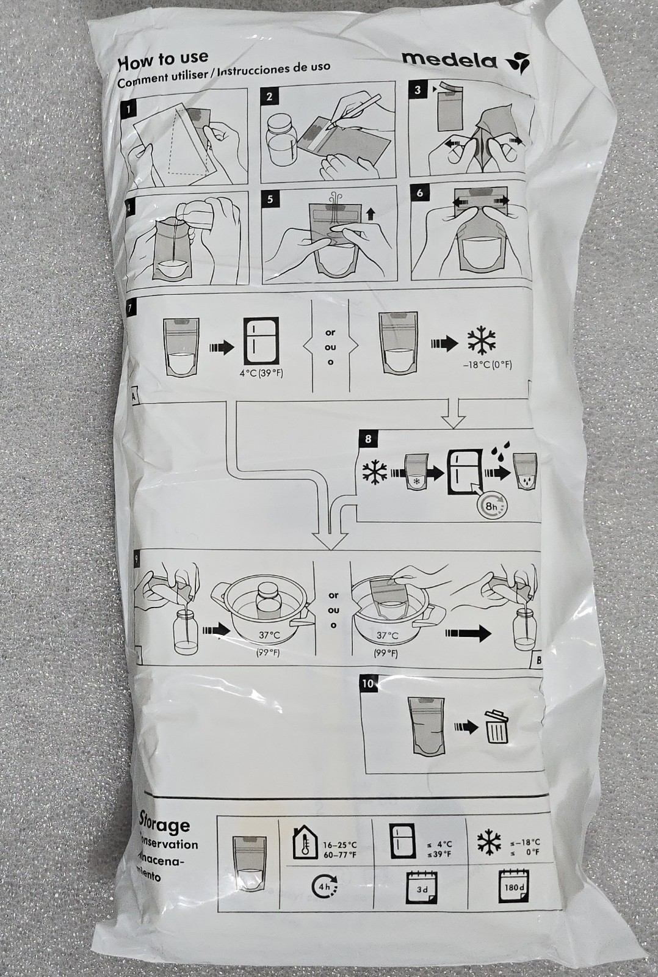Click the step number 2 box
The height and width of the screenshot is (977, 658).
pyautogui.click(x=269, y=96)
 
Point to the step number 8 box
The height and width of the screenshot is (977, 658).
pyautogui.click(x=368, y=439)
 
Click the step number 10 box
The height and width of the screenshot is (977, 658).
pyautogui.click(x=367, y=684)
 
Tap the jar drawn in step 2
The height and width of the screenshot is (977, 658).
pyautogui.click(x=282, y=143)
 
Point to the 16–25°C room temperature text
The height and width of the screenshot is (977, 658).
pyautogui.click(x=339, y=845)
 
